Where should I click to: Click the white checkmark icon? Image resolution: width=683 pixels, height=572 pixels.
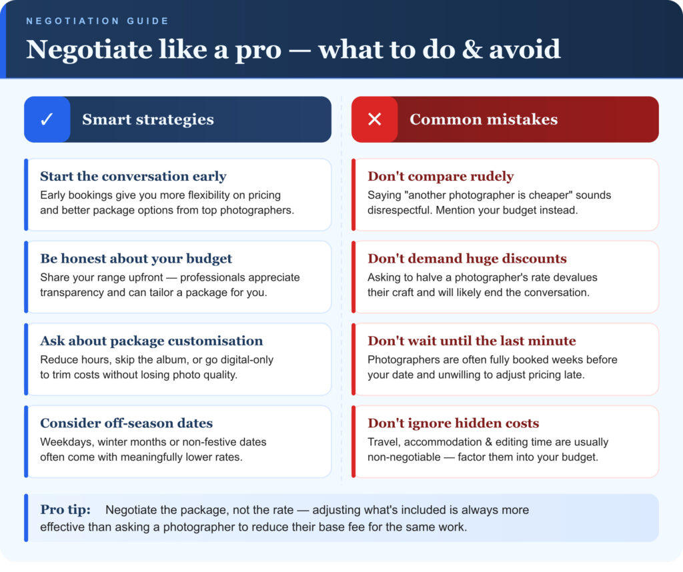(x=47, y=119)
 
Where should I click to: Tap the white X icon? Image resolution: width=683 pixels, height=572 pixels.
(x=374, y=119)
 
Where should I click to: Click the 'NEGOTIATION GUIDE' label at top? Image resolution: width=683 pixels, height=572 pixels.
(x=97, y=21)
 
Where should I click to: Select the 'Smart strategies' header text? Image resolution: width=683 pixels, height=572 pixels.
(x=147, y=120)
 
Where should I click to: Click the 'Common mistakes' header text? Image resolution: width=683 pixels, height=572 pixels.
(x=483, y=120)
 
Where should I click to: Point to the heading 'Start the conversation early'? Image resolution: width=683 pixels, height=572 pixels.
(x=133, y=177)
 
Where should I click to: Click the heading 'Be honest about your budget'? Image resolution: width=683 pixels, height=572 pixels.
(x=135, y=259)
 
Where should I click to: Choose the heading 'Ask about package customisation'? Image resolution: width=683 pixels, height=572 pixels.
(x=151, y=341)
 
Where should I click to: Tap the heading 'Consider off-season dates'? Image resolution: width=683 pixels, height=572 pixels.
(x=126, y=423)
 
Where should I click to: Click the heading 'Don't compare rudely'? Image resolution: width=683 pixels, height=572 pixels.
(x=440, y=177)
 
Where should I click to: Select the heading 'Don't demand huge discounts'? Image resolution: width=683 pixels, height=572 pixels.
(x=467, y=259)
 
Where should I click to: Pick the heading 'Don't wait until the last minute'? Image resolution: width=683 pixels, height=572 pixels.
(x=471, y=341)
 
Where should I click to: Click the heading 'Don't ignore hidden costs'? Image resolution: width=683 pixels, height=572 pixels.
(x=453, y=423)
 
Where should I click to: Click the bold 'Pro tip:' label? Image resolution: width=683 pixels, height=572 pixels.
(x=64, y=510)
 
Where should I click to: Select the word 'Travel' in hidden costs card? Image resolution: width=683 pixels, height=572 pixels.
(x=384, y=442)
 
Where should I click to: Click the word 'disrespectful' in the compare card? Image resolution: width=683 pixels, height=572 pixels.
(x=400, y=211)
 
